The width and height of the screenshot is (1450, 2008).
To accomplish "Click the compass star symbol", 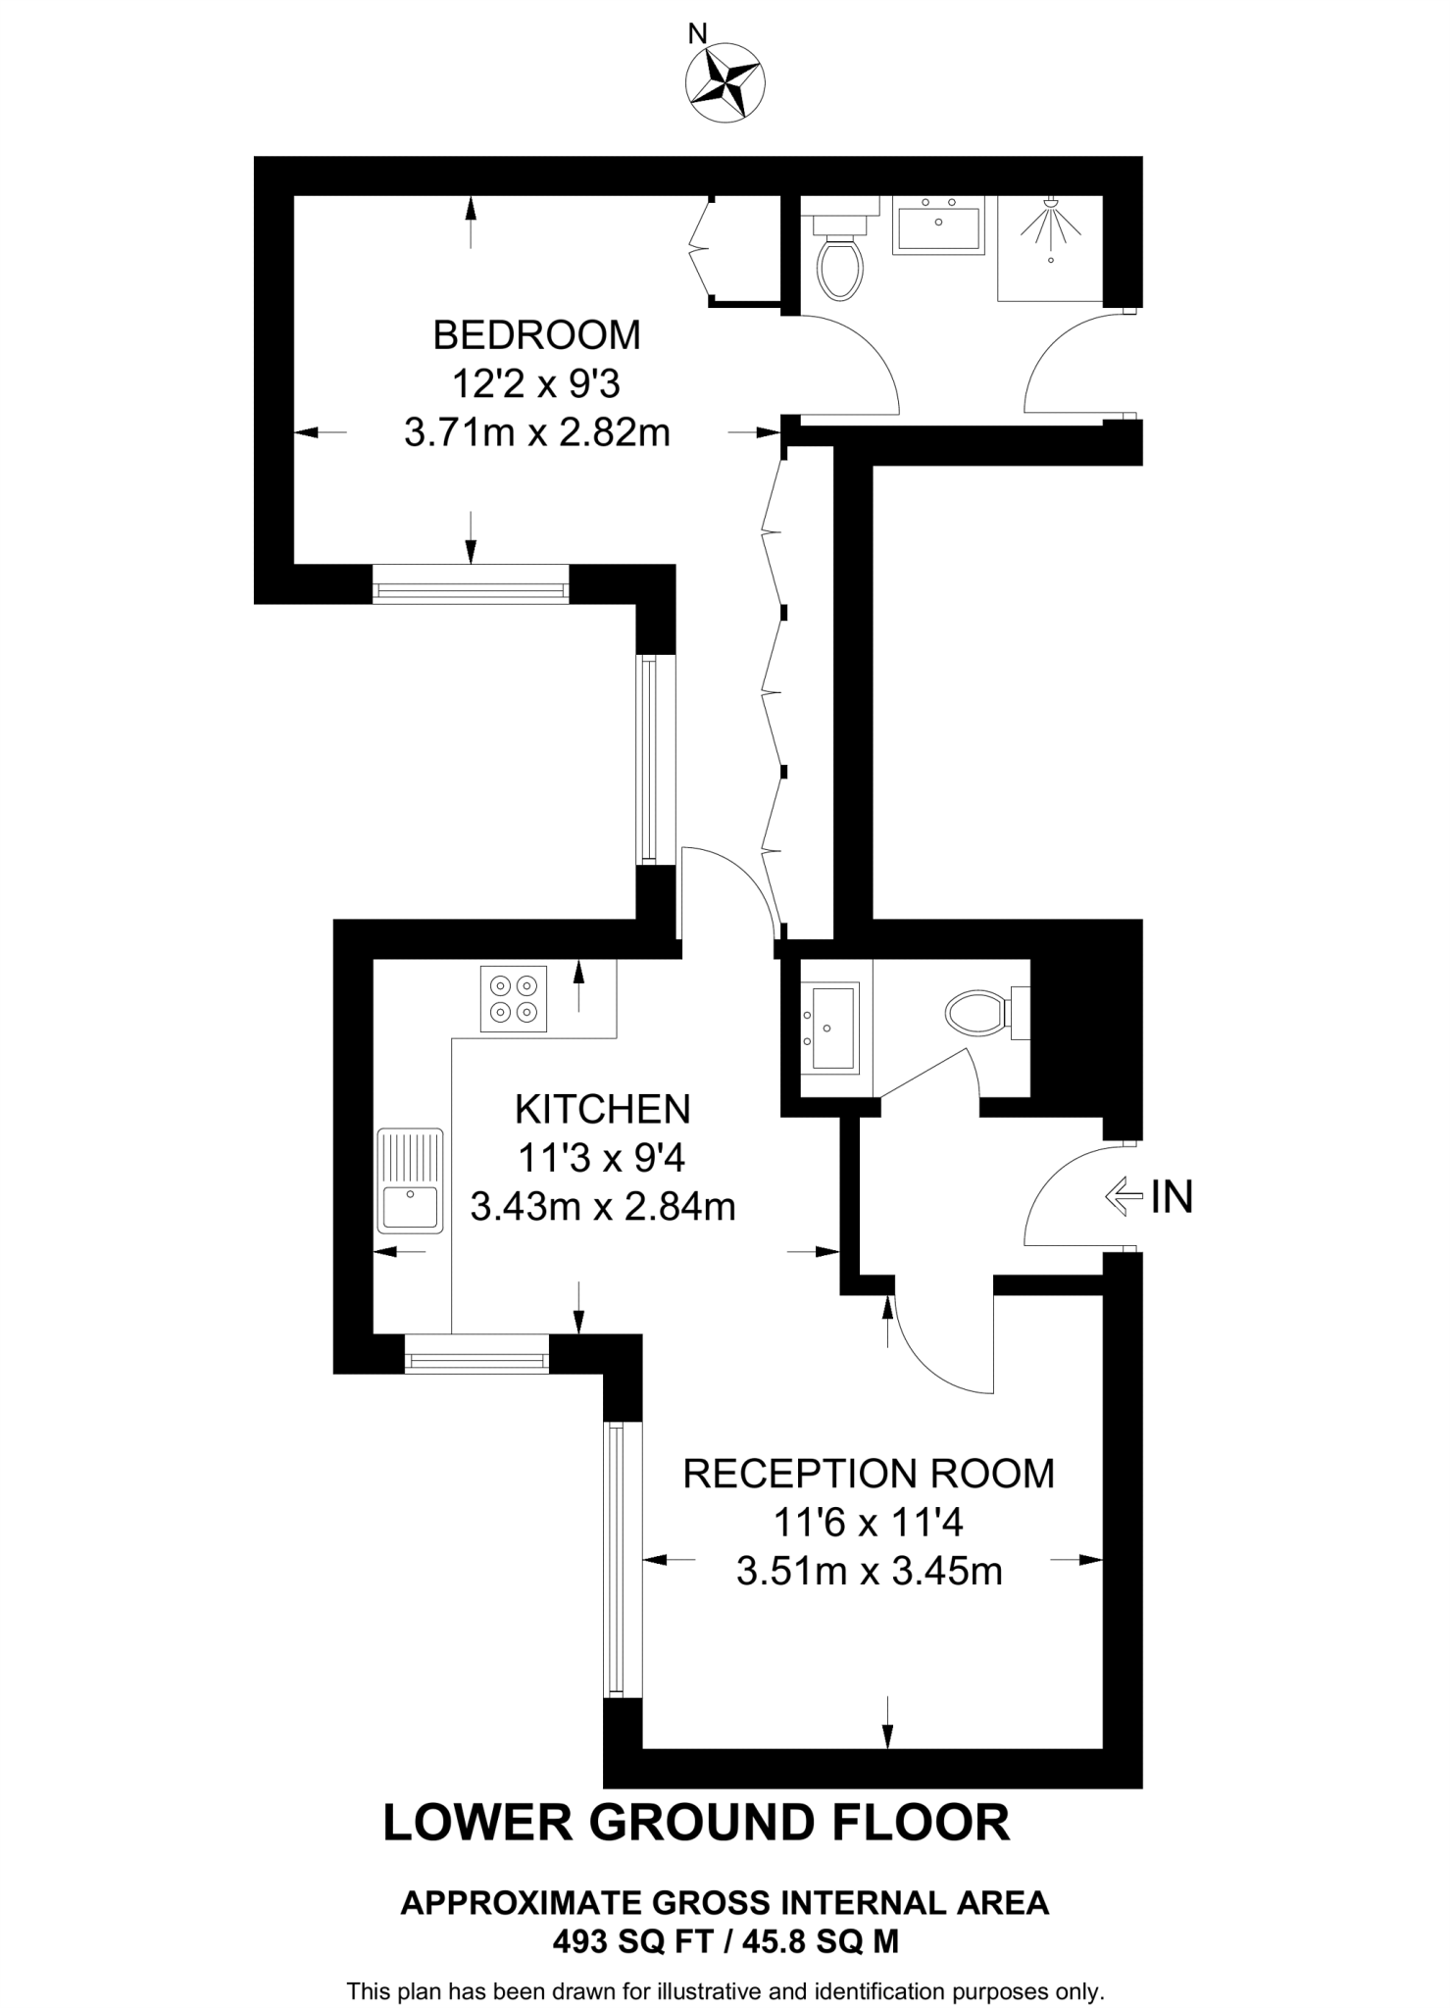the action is (x=725, y=85).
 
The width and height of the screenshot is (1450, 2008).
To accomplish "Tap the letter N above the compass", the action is (x=697, y=34).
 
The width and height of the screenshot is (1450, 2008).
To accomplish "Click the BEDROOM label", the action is (x=536, y=335).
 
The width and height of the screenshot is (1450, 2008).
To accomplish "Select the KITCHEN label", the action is (x=603, y=1109).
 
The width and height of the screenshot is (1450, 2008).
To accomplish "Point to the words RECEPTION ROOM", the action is (x=869, y=1474).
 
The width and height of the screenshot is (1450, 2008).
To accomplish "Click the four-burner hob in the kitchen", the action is (x=514, y=998).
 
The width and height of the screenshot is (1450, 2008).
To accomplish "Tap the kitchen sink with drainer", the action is (x=410, y=1180).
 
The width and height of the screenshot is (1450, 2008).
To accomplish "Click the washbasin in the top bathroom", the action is (x=938, y=225).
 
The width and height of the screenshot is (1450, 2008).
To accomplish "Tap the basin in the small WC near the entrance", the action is (x=829, y=1028).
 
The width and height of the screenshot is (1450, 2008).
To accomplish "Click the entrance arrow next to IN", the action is (x=1124, y=1196).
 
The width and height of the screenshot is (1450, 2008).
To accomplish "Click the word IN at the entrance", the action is (x=1172, y=1197).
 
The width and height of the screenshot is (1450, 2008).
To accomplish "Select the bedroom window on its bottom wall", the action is (x=471, y=584).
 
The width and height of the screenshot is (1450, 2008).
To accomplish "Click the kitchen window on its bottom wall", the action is (x=477, y=1354).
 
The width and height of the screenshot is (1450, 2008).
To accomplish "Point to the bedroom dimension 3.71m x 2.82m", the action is (x=536, y=432).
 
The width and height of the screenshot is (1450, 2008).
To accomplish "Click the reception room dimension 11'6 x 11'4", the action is (x=869, y=1523).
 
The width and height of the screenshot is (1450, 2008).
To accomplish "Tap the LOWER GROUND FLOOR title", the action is (x=696, y=1823).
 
